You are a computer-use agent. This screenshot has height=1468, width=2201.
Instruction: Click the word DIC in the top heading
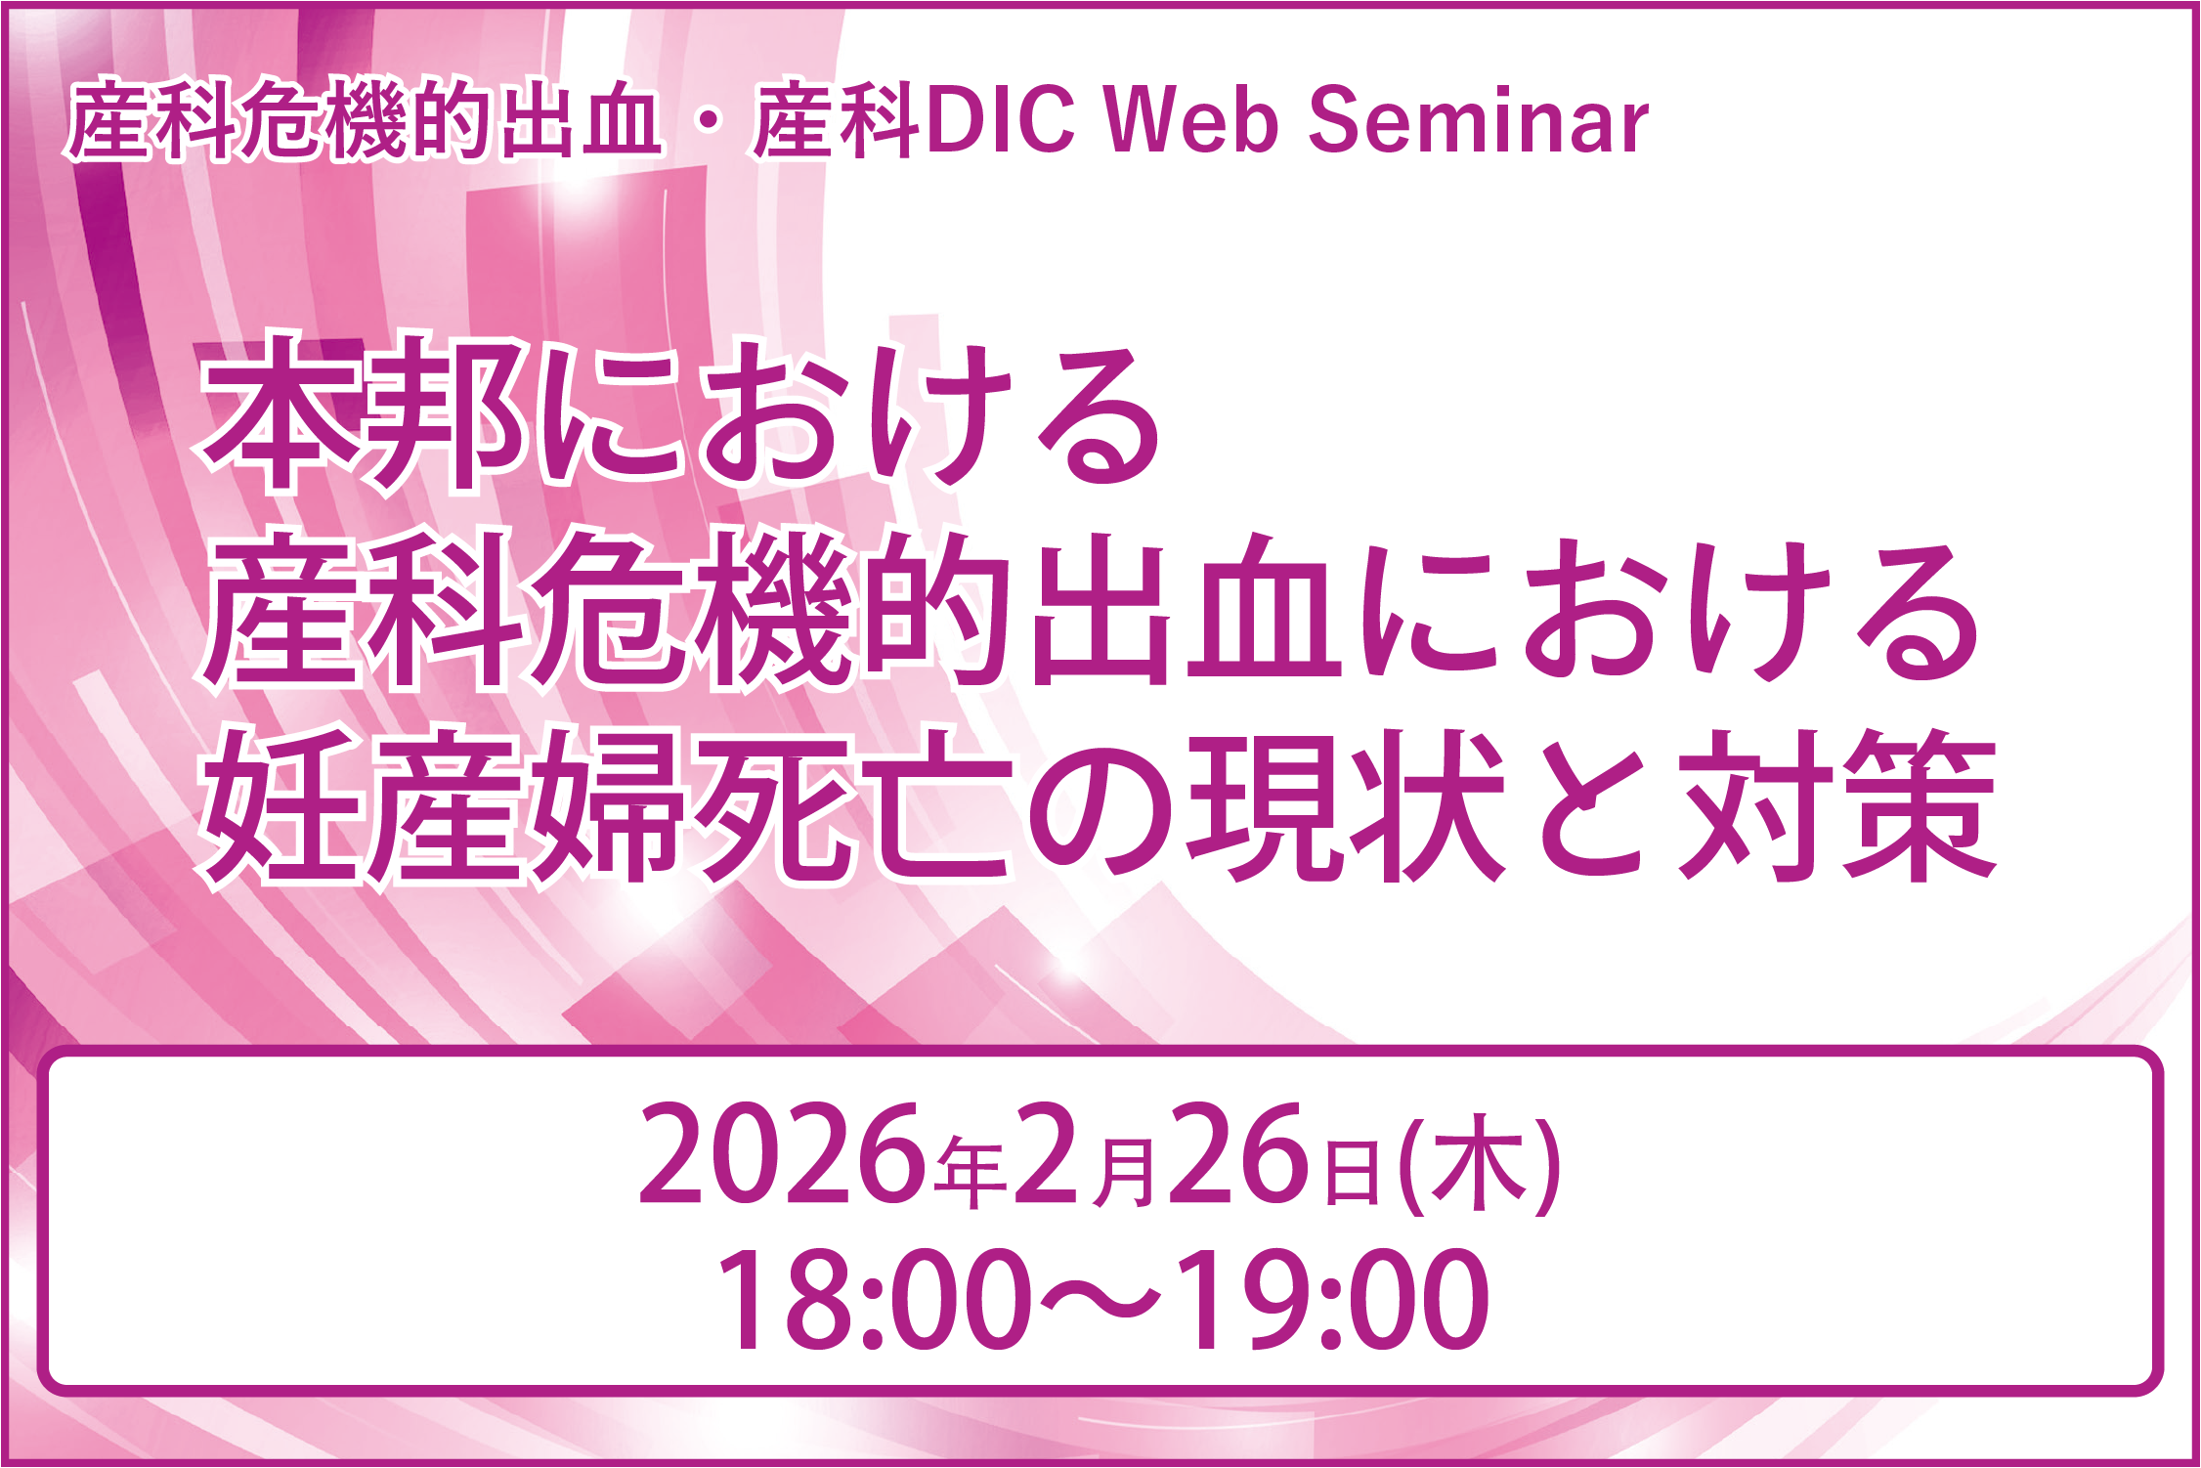(x=1001, y=122)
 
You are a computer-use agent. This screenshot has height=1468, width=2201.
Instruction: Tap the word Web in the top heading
(x=1191, y=122)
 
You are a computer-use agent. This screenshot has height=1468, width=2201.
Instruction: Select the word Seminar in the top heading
(x=1477, y=122)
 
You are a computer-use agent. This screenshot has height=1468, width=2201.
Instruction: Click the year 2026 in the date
(x=781, y=1156)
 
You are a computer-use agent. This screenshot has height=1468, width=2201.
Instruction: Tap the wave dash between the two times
(x=1100, y=1300)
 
